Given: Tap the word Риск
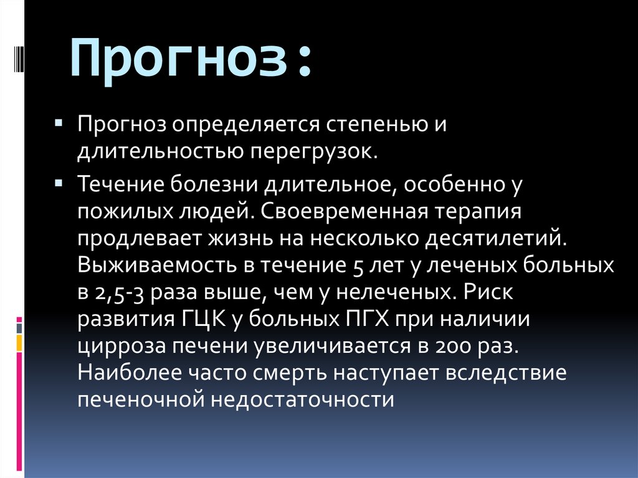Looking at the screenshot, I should tap(492, 293).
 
